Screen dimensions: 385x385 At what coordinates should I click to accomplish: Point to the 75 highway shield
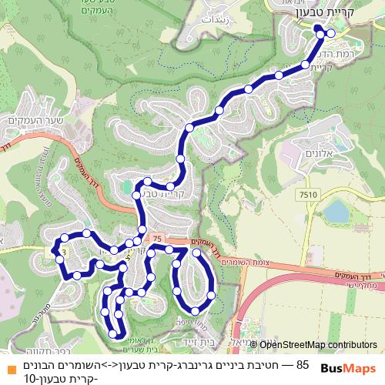158,239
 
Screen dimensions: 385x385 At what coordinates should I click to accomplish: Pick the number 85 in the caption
302,363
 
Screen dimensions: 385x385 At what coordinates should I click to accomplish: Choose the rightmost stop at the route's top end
331,33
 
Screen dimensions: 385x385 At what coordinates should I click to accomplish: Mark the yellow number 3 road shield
64,252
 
